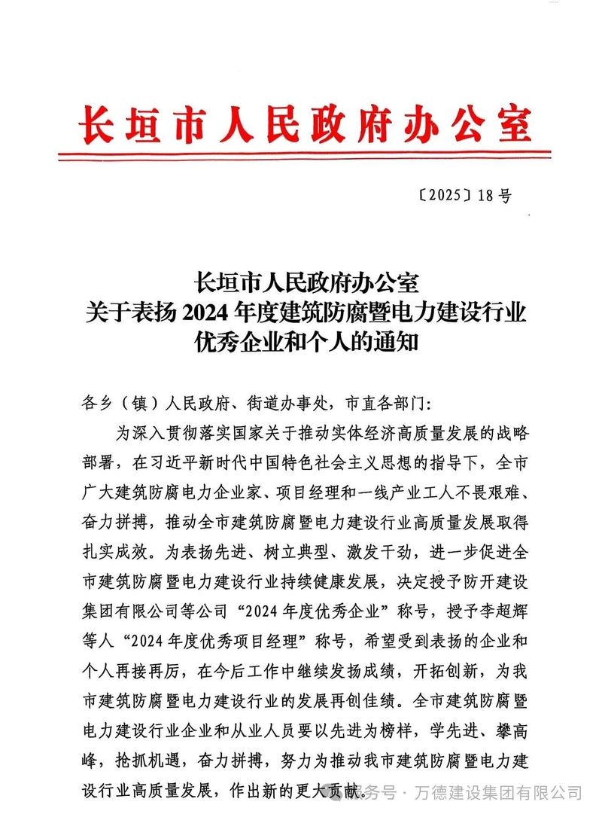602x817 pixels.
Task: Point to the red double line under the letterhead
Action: click(304, 156)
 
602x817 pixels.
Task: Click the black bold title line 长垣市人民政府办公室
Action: click(305, 284)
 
